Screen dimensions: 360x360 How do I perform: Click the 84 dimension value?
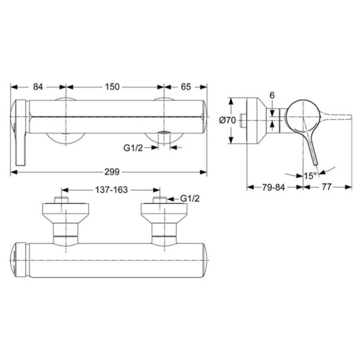[x=38, y=87]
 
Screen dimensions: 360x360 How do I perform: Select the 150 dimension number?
[x=112, y=87]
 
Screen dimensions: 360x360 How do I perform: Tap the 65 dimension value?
[x=186, y=87]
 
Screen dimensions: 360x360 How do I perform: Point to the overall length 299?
[x=112, y=172]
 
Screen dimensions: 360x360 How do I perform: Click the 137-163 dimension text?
[x=112, y=190]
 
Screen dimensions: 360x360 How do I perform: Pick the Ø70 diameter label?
[x=227, y=120]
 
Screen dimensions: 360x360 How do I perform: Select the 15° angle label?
[x=310, y=176]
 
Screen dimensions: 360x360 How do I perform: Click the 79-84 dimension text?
[x=274, y=187]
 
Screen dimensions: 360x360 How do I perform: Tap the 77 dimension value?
[x=327, y=187]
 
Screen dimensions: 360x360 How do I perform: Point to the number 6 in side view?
[x=272, y=95]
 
